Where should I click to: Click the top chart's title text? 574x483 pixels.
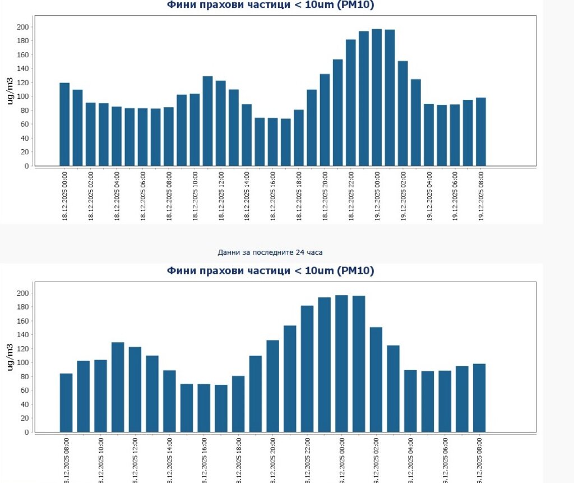271,5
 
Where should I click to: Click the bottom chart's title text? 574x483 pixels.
271,271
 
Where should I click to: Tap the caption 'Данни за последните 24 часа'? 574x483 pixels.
270,252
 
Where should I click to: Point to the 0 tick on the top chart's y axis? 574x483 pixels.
26,166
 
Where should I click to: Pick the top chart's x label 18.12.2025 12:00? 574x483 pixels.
221,196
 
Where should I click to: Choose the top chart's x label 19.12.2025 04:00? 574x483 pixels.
429,196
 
